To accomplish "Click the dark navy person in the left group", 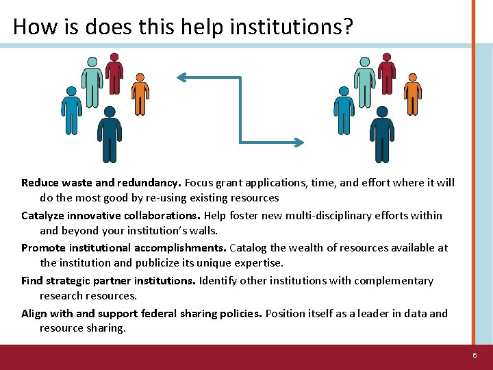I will pos(110,134).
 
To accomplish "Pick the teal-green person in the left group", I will pos(92,79).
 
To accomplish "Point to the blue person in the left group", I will pos(71,110).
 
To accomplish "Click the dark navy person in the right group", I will pos(382,134).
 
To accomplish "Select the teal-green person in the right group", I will pos(364,79).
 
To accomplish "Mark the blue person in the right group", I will pos(343,110).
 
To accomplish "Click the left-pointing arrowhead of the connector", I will pos(181,77).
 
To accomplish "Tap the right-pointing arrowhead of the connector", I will pos(299,143).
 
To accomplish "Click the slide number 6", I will pos(475,356).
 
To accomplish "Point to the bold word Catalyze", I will pos(44,216).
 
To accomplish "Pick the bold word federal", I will pos(159,314).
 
